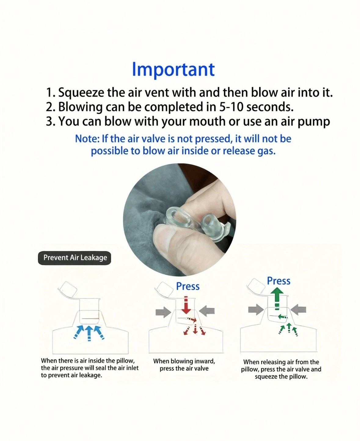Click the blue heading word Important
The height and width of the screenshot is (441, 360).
point(173,70)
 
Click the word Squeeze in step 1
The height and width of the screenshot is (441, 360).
point(81,93)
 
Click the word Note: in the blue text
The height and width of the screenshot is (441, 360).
point(87,139)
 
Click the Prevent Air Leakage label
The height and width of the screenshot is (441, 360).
point(75,258)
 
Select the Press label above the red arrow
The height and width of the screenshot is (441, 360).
point(188,287)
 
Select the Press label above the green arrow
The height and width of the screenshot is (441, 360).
point(279,281)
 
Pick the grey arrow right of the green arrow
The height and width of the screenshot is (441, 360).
point(298,309)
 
